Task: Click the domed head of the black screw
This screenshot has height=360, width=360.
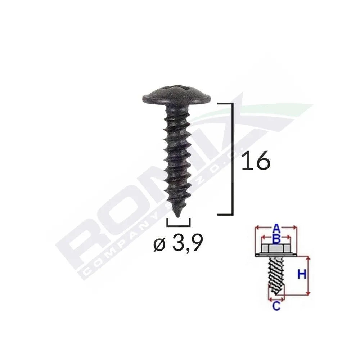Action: pos(176,94)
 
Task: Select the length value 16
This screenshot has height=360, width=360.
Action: pos(255,161)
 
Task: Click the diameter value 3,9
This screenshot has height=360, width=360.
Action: pos(187,245)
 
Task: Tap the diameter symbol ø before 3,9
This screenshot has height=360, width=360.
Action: pos(159,246)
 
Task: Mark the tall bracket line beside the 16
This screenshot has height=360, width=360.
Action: pos(232,158)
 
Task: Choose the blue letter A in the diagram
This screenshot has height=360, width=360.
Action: pos(276,228)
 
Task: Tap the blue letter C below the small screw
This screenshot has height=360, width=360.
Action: pos(276,306)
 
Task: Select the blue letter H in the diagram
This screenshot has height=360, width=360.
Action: pos(301,275)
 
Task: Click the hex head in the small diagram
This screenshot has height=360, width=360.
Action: pos(275,249)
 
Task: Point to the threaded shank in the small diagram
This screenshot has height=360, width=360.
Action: pos(276,275)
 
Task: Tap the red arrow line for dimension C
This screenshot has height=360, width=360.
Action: pos(276,299)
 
